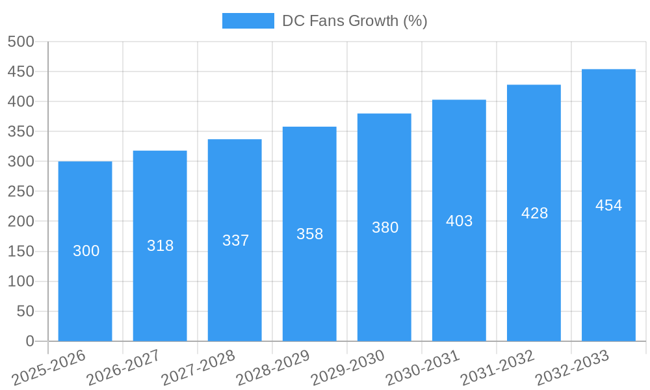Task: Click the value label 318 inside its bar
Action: [x=160, y=246]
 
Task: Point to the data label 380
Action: [x=385, y=227]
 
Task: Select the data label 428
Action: [x=534, y=213]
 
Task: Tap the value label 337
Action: [x=235, y=240]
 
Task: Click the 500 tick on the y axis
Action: [x=20, y=42]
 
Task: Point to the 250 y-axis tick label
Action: [x=20, y=192]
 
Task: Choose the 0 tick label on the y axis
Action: [x=29, y=341]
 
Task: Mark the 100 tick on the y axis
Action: [x=20, y=281]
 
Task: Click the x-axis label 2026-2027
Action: [x=123, y=367]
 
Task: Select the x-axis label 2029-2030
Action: [x=347, y=367]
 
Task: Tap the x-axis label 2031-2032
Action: [x=497, y=367]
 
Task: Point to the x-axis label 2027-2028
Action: [x=198, y=367]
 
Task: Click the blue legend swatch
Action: [x=248, y=21]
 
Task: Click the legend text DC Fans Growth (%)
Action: [x=354, y=21]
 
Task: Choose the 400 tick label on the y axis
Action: [x=20, y=101]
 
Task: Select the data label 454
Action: [x=608, y=205]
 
